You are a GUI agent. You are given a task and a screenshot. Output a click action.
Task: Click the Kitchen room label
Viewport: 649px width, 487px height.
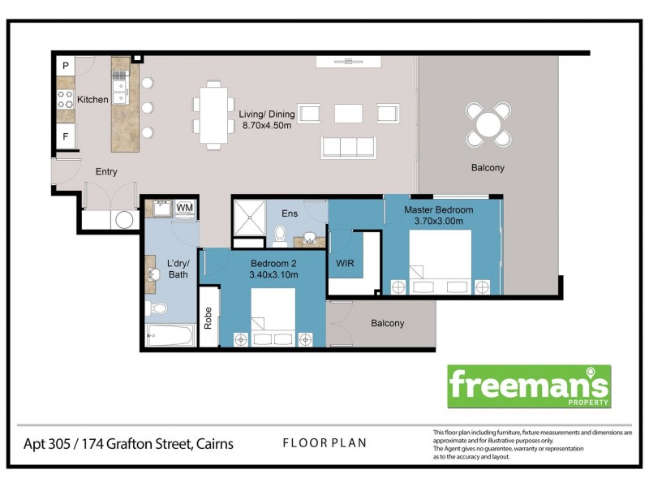[92, 100]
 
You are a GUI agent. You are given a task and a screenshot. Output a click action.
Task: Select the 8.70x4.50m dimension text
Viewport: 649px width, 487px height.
[268, 127]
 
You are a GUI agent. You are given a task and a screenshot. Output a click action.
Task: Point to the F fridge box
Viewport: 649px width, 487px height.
[66, 136]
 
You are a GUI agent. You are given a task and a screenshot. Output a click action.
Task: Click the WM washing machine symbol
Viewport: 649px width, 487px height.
[184, 209]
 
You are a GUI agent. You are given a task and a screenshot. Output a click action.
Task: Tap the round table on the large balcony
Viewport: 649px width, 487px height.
[488, 124]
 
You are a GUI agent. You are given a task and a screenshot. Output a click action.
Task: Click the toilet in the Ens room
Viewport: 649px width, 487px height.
[281, 235]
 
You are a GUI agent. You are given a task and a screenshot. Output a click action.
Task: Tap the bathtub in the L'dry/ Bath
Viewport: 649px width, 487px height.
[170, 333]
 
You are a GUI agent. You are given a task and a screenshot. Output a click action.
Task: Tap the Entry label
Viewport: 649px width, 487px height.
[107, 171]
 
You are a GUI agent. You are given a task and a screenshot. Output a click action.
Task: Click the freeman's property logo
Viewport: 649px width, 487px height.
[530, 386]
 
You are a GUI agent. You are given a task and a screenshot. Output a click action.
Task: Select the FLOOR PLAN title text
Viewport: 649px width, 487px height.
[324, 443]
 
